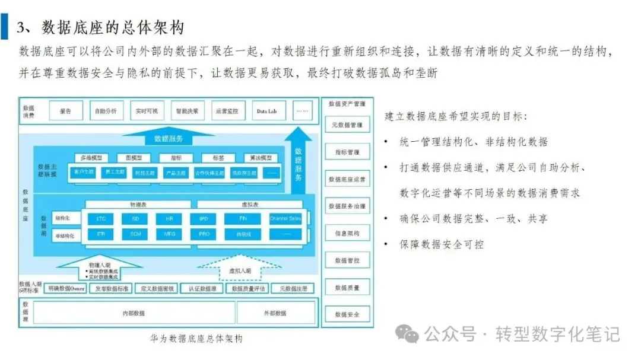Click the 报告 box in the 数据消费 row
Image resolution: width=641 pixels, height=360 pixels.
click(66, 111)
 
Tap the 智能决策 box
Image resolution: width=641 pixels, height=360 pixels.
click(187, 111)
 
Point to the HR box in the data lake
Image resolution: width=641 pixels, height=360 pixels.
click(169, 219)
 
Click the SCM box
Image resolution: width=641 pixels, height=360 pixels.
click(135, 234)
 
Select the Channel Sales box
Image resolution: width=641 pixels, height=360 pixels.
click(286, 219)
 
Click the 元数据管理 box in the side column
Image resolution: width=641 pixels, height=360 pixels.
click(347, 125)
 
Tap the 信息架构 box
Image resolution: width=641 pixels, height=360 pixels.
click(347, 233)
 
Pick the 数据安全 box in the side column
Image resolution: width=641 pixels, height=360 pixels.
click(347, 314)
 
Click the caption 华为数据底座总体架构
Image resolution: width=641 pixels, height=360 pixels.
click(196, 339)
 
